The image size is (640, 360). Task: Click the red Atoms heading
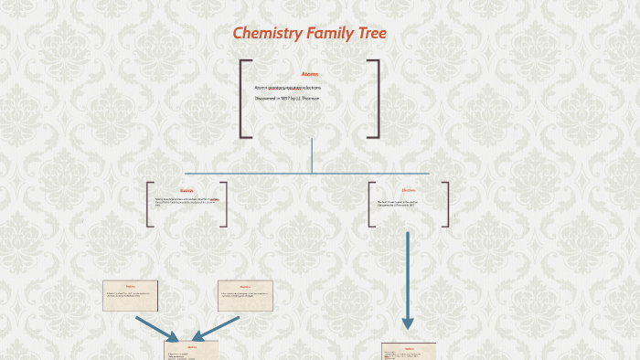tap(310, 74)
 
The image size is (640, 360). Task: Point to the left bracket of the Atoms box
tap(243, 99)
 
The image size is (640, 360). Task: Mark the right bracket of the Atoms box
tap(375, 99)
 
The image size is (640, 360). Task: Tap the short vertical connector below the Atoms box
tap(312, 155)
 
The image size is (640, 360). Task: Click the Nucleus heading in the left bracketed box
tap(187, 191)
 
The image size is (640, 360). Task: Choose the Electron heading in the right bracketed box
tap(409, 190)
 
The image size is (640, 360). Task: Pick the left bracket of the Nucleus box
tap(149, 204)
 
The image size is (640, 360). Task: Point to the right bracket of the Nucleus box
tap(224, 204)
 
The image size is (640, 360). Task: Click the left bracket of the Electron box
tap(371, 204)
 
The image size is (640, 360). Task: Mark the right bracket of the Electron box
tap(445, 204)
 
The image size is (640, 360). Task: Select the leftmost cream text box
tap(130, 295)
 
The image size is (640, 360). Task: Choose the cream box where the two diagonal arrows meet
tap(191, 351)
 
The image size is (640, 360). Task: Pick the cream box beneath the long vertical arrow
tap(408, 352)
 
